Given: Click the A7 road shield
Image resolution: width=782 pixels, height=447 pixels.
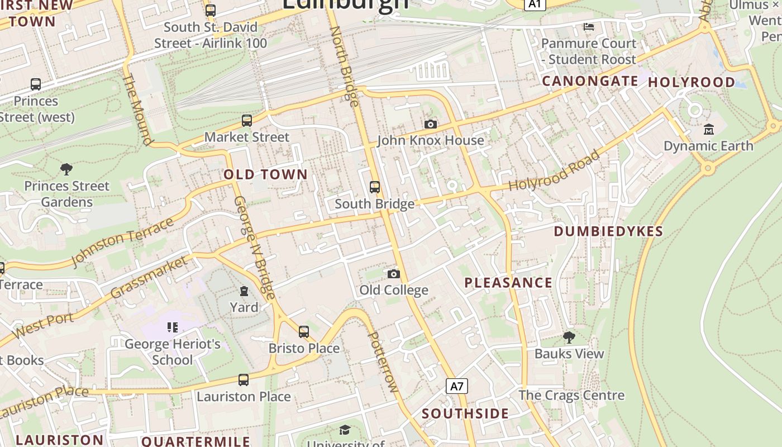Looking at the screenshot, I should tap(457, 386).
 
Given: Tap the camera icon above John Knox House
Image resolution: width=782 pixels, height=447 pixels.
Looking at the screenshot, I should tap(430, 124).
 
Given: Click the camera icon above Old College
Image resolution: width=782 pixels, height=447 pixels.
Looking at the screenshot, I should tap(394, 274).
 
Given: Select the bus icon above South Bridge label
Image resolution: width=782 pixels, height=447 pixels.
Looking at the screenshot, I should tap(375, 187).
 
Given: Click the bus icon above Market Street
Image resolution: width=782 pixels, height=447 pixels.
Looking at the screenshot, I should tap(246, 121).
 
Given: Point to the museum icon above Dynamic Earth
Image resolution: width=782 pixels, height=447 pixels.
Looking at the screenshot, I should tap(709, 130).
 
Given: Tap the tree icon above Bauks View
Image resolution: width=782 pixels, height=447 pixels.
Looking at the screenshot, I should tap(569, 337).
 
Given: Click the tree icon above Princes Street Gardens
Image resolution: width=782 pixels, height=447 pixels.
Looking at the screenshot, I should tap(66, 169).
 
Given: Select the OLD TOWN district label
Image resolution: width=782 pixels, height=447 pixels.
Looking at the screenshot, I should tap(266, 174).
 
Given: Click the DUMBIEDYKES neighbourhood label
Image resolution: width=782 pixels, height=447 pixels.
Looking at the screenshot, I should tap(608, 231).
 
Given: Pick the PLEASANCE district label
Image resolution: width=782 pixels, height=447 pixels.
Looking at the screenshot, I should tap(508, 283).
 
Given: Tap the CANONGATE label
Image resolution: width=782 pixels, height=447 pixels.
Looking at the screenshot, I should tap(590, 81).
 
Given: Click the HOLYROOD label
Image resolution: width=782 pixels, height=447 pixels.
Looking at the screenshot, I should tap(692, 82).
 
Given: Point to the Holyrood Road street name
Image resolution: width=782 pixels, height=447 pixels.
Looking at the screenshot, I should tap(554, 171).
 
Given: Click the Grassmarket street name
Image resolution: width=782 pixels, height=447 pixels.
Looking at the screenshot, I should tap(149, 277).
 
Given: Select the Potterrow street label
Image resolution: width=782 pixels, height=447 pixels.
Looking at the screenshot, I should tap(383, 362).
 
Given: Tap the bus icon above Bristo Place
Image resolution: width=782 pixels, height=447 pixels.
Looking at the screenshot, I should tap(303, 332).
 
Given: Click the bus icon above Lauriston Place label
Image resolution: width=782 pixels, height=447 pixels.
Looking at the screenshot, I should tap(243, 380).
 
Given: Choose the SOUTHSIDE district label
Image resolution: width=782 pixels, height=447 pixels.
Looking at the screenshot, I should tap(465, 414).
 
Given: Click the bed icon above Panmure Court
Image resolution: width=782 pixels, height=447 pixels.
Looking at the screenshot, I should tap(588, 26).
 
